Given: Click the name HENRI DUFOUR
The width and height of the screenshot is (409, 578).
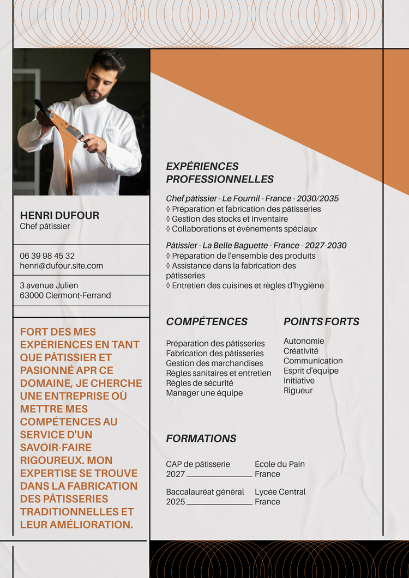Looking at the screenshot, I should (x=59, y=215).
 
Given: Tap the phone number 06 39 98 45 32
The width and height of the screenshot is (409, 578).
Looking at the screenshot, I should (x=47, y=255).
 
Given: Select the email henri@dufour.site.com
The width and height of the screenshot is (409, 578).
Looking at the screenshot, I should (x=61, y=266).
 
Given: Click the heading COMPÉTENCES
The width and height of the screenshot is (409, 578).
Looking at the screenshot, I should (x=207, y=321).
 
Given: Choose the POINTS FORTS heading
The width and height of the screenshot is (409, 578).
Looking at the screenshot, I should (x=321, y=321).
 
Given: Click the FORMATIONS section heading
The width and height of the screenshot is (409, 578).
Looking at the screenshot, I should (x=201, y=439).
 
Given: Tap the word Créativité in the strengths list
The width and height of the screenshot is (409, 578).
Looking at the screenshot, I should (x=301, y=351).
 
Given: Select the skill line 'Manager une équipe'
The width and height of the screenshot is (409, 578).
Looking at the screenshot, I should (x=204, y=393).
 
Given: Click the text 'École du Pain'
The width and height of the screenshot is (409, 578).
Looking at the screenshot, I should (x=280, y=464).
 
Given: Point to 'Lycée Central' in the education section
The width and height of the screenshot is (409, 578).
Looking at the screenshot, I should (x=280, y=492).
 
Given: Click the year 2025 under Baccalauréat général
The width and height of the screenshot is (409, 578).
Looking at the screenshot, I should (x=176, y=502).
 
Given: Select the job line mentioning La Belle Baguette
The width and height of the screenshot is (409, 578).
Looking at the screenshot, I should (x=256, y=246).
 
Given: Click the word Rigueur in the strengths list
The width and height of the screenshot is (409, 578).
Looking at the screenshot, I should (x=298, y=390).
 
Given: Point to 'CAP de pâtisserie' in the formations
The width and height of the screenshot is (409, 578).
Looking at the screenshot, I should (x=198, y=464).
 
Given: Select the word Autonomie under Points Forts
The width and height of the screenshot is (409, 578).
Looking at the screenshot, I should (x=304, y=341).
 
